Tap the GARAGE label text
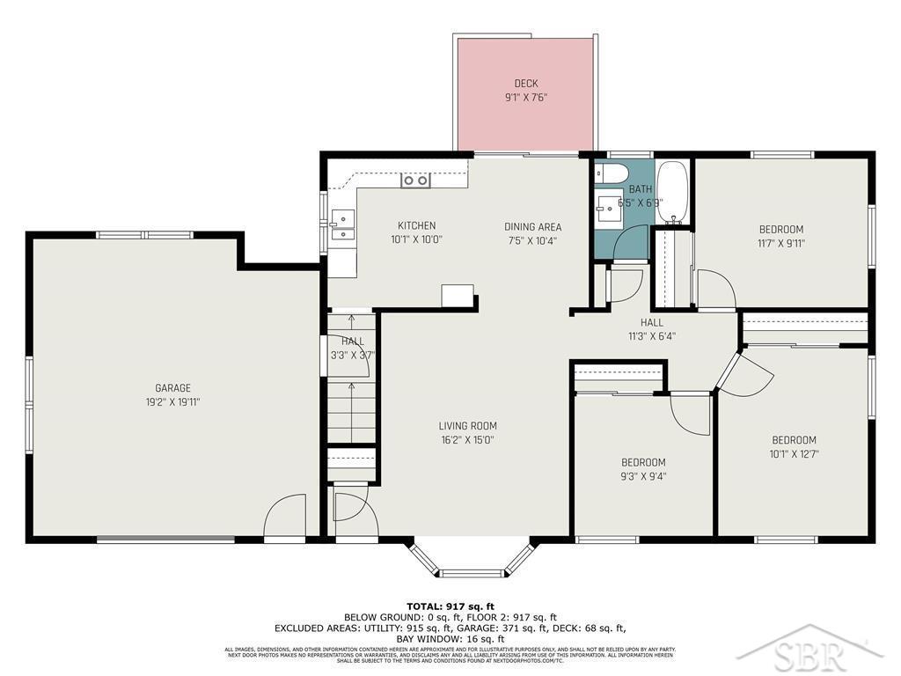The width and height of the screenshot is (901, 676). [x=172, y=388]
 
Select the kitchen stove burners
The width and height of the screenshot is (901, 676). [x=415, y=180]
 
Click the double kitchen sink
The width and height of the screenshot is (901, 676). [x=342, y=225]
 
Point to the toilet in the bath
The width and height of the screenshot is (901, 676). [x=611, y=173]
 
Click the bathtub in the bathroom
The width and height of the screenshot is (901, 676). [x=673, y=193]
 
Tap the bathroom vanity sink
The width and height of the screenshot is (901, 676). [x=606, y=208]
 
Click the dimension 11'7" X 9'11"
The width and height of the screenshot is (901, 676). [x=780, y=244]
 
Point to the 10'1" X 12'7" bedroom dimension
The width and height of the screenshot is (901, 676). [x=794, y=454]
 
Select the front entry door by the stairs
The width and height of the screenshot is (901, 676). [x=351, y=516]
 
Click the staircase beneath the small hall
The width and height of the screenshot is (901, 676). [x=352, y=405]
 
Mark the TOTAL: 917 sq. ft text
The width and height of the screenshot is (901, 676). [x=450, y=606]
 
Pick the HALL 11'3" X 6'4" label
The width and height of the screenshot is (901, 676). [x=652, y=328]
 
